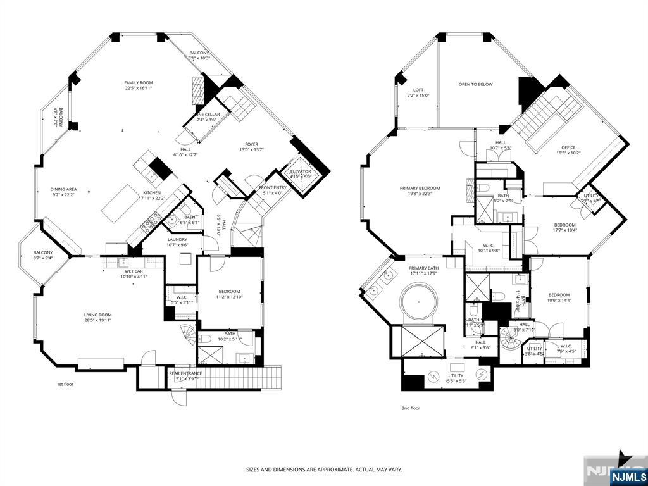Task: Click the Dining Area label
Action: pos(64,192)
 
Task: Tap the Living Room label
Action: pos(97,317)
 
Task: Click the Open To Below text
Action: pos(475,84)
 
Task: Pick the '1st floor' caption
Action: pos(65,384)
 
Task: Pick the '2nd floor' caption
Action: pos(411,408)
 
